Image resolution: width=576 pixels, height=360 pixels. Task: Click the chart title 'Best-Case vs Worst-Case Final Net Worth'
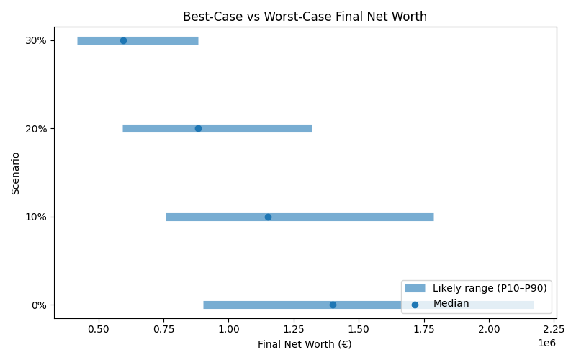point(305,17)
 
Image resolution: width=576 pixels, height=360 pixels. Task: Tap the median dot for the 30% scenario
point(123,40)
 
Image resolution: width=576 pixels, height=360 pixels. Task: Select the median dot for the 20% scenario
point(198,128)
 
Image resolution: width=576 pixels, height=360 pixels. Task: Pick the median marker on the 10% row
point(268,217)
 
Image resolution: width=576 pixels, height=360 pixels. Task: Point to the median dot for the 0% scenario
point(333,305)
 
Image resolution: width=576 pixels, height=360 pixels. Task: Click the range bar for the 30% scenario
point(162,40)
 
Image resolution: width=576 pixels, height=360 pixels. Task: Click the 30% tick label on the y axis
point(36,40)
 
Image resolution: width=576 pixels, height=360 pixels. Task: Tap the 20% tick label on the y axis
point(36,128)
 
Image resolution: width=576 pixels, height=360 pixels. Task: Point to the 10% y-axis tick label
point(36,217)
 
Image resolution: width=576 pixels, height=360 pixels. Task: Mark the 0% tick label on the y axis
point(39,305)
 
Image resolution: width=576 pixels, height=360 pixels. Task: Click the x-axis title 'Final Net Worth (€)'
point(305,344)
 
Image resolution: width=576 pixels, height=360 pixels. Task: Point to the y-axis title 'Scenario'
point(16,173)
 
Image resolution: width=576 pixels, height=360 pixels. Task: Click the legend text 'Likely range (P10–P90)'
point(490,288)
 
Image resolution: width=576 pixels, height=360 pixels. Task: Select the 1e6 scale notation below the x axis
point(546,342)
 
